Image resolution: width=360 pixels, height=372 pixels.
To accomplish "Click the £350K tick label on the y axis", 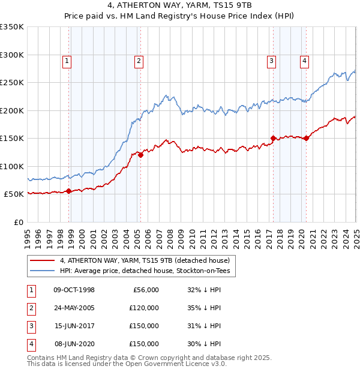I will [x=12, y=27].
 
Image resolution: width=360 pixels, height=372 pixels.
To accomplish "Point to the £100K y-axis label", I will [x=12, y=166].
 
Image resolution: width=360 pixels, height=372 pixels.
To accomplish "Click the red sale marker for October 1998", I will [x=68, y=191].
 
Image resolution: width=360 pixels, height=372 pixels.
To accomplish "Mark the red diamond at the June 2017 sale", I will [x=273, y=139].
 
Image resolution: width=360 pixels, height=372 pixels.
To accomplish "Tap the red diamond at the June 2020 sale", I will [x=306, y=139].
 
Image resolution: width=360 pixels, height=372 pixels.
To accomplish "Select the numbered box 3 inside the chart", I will [x=271, y=60].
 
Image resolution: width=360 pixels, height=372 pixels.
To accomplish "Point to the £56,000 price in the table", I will [x=145, y=290].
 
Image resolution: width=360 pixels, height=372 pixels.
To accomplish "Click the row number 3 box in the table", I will [x=29, y=326].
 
